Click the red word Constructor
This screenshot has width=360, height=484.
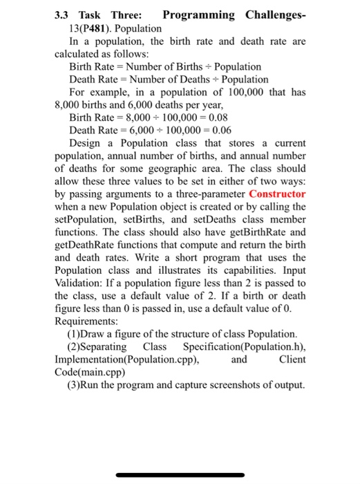(x=271, y=194)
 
